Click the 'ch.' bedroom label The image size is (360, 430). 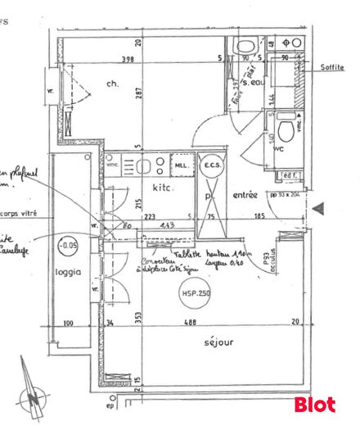(113, 83)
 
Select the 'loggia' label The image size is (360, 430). (69, 273)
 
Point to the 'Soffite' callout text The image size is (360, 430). (332, 68)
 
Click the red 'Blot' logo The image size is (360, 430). (314, 404)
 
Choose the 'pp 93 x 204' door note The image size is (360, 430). (288, 195)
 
